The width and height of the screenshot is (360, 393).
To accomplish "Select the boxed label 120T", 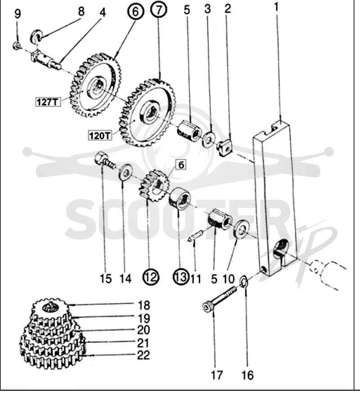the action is coord(100,135).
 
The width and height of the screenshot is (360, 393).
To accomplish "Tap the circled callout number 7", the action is coord(159,9).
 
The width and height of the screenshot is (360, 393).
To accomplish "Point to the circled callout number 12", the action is coord(151,277).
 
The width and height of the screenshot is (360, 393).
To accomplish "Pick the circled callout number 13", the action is coord(181,277).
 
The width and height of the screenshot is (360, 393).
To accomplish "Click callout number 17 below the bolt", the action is coord(216,375).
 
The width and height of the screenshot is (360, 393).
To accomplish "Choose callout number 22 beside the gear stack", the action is coord(144,355).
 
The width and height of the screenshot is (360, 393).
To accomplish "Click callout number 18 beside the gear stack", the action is coord(144,305).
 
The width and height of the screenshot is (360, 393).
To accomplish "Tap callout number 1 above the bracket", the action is coord(276,8).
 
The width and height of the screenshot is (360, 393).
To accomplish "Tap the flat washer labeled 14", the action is coord(126,172).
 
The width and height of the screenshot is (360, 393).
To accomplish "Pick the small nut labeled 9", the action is coord(17,46).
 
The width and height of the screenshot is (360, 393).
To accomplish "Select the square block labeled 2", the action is coord(224,147).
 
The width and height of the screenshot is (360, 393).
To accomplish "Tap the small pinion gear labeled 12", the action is coord(153,186).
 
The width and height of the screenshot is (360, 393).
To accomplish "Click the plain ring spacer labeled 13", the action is coord(180,198).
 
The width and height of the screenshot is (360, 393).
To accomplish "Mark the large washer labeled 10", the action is coord(242,229).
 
